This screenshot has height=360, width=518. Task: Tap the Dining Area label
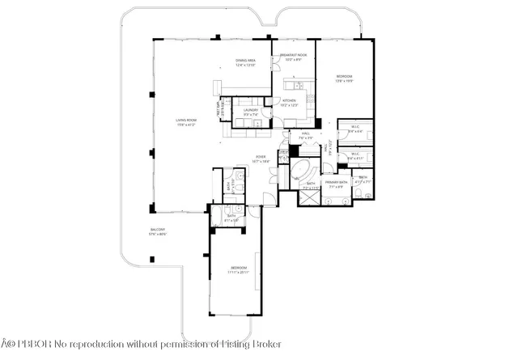245,60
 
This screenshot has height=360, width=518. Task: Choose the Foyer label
261,157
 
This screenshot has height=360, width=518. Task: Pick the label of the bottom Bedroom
239,267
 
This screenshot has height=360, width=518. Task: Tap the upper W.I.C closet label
355,127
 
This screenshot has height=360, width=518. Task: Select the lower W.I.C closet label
354,154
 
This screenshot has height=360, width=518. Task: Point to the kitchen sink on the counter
298,86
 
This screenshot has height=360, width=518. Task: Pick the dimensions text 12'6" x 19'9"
345,81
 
